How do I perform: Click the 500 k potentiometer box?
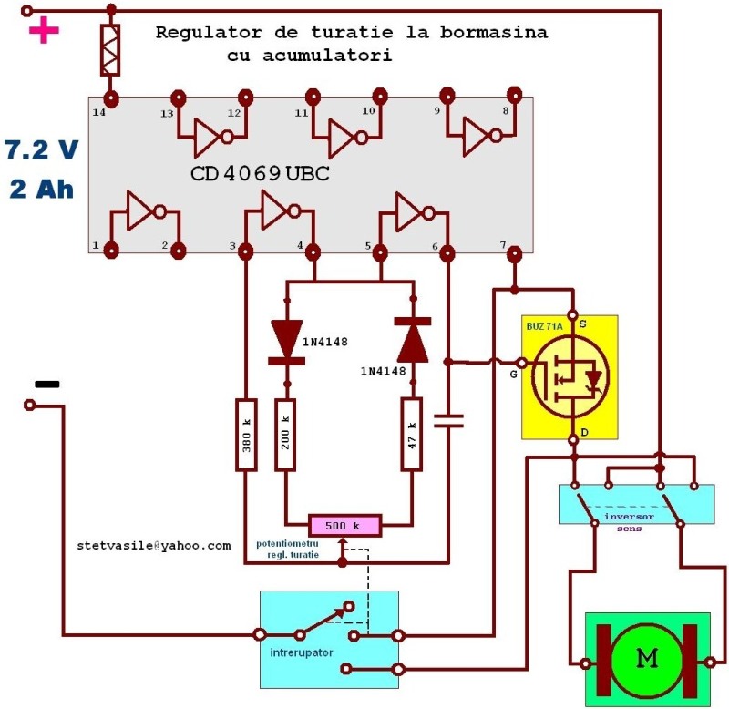pos(344,526)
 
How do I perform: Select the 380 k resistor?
pos(245,434)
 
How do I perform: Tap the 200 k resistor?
pos(286,434)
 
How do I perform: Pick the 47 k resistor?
pos(413,434)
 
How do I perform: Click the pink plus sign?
pos(44,32)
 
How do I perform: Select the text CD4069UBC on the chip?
pos(260,173)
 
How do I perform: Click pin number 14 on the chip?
pos(98,112)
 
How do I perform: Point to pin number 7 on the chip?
pos(503,244)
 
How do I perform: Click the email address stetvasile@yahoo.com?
pos(154,545)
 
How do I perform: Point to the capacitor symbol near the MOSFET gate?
pos(447,420)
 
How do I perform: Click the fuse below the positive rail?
pos(111,51)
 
